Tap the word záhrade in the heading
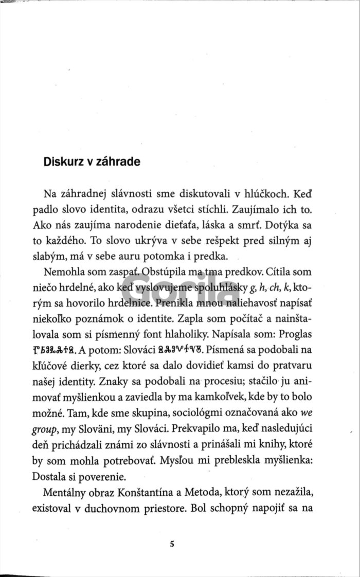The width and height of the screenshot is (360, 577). tap(119, 161)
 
